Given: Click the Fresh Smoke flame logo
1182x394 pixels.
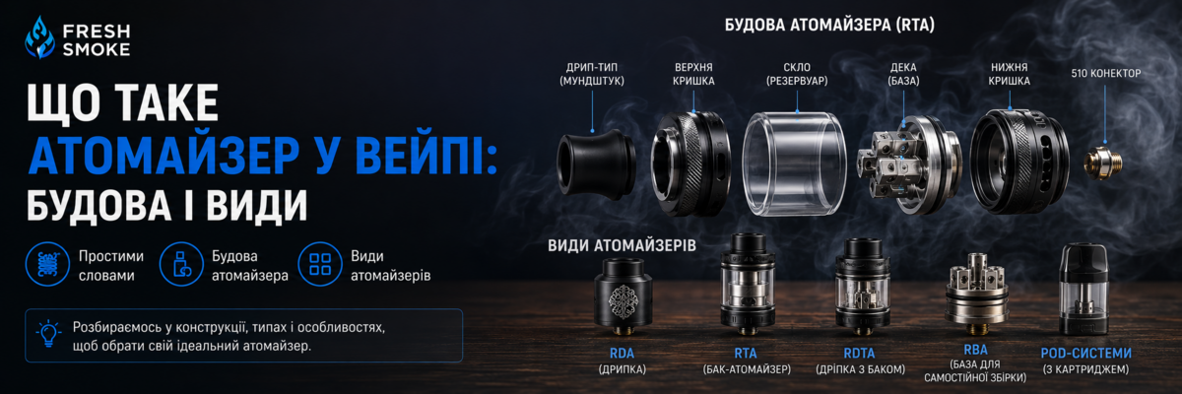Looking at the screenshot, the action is coord(39,36).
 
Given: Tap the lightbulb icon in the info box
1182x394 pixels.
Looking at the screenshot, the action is coord(48,334).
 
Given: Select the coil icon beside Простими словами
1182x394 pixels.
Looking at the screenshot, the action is coord(47,264).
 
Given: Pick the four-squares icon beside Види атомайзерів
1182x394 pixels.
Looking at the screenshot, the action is coord(320,264).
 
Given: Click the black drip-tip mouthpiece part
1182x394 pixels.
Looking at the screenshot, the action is coord(596,166).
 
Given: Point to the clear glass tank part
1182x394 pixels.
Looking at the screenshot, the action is coord(794,164).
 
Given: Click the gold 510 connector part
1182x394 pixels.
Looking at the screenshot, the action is coord(1103,163).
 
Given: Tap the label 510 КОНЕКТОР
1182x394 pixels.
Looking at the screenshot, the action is coord(1105,73).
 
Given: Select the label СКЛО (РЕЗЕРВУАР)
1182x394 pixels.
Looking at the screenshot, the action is coord(797,74).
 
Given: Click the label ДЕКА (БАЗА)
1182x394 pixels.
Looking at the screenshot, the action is coord(903,74).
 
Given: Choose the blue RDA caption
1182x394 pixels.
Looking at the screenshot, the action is coord(622,354).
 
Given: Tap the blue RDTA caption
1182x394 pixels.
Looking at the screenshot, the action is coord(859,354).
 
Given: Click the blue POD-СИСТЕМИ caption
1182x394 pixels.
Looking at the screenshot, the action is coord(1085,353).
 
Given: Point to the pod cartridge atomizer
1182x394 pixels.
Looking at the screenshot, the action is coord(1083,289).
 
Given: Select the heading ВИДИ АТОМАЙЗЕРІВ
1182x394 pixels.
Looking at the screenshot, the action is coord(622,246).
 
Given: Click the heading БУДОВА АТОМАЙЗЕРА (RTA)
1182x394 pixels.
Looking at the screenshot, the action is coord(829,25).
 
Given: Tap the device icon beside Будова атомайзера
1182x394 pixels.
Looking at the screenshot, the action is coord(181,264).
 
